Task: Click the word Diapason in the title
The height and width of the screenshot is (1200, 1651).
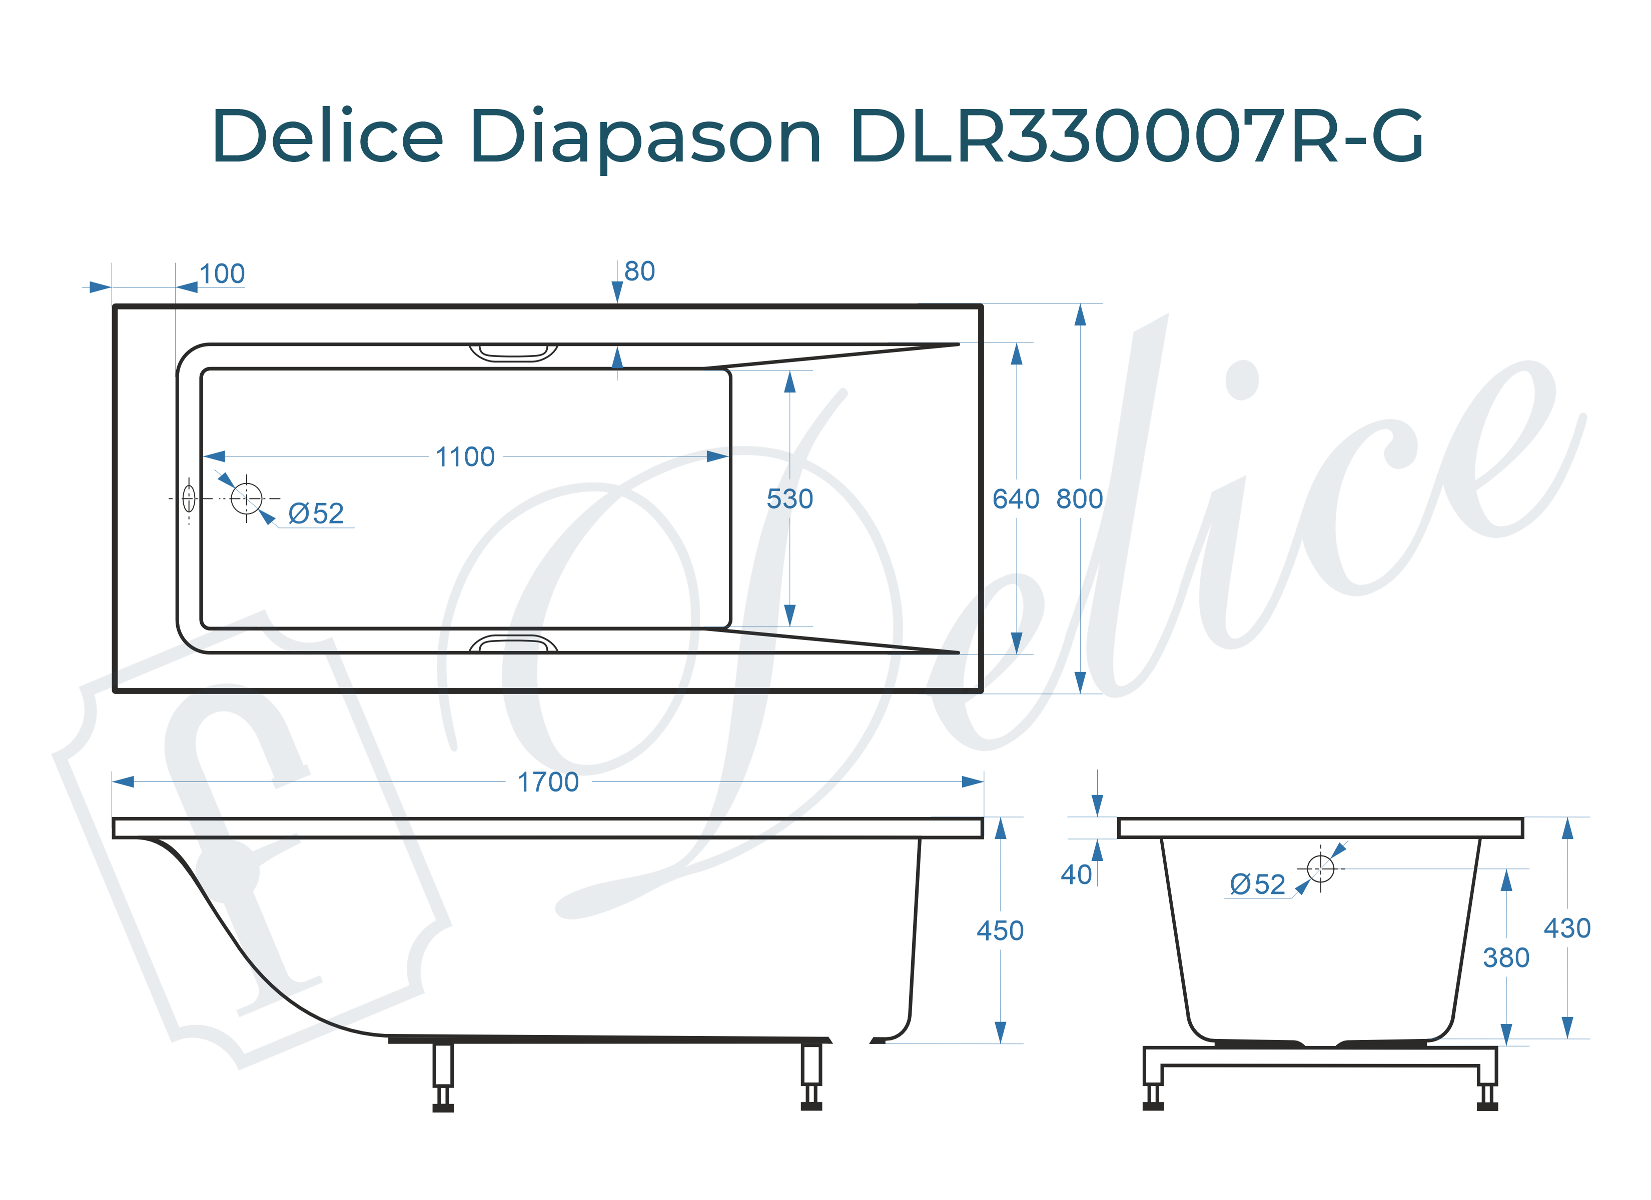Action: pos(646,137)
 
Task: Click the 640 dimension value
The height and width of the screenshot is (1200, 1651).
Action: pos(1016,499)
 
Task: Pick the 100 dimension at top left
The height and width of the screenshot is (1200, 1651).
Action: pos(222,274)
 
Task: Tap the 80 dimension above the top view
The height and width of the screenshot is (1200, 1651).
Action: pos(639,271)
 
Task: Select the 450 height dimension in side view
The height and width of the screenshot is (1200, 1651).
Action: pos(1000,930)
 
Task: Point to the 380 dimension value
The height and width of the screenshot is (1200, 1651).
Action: pos(1505,957)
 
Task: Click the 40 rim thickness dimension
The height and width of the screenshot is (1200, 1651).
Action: pos(1076,874)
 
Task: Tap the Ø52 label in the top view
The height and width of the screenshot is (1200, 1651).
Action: pos(316,514)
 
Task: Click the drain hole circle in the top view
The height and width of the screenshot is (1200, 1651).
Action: pos(246,498)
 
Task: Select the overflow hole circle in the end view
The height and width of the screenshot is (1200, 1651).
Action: pos(1320,868)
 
